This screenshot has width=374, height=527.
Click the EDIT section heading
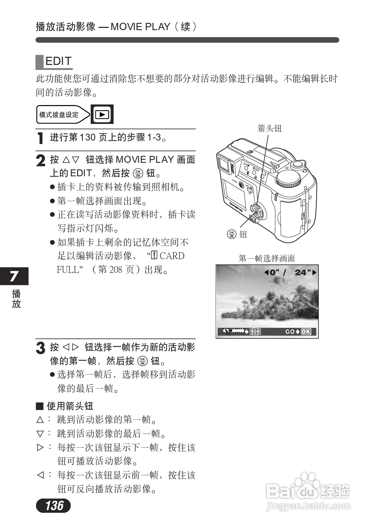coord(58,61)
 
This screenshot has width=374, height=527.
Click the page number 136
coord(54,505)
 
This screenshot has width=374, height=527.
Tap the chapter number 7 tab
coord(14,276)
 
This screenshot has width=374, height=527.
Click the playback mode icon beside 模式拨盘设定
coord(102,114)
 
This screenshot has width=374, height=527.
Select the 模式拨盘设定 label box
coord(59,115)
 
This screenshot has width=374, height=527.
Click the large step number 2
coord(41,161)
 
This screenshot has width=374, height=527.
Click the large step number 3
coord(41,348)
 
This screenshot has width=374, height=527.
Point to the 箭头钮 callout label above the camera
coord(270,128)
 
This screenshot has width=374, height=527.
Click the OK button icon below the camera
coord(232,234)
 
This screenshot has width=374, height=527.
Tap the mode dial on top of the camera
coord(288,179)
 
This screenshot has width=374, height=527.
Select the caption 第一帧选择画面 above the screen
coord(267,258)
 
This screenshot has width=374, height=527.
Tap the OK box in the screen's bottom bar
coord(306,332)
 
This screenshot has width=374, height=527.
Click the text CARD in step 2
coord(172,256)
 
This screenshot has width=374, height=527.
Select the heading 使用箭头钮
coord(70,406)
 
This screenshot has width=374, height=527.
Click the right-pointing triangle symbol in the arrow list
coord(40,447)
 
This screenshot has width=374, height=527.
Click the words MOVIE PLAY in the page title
coord(140,27)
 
